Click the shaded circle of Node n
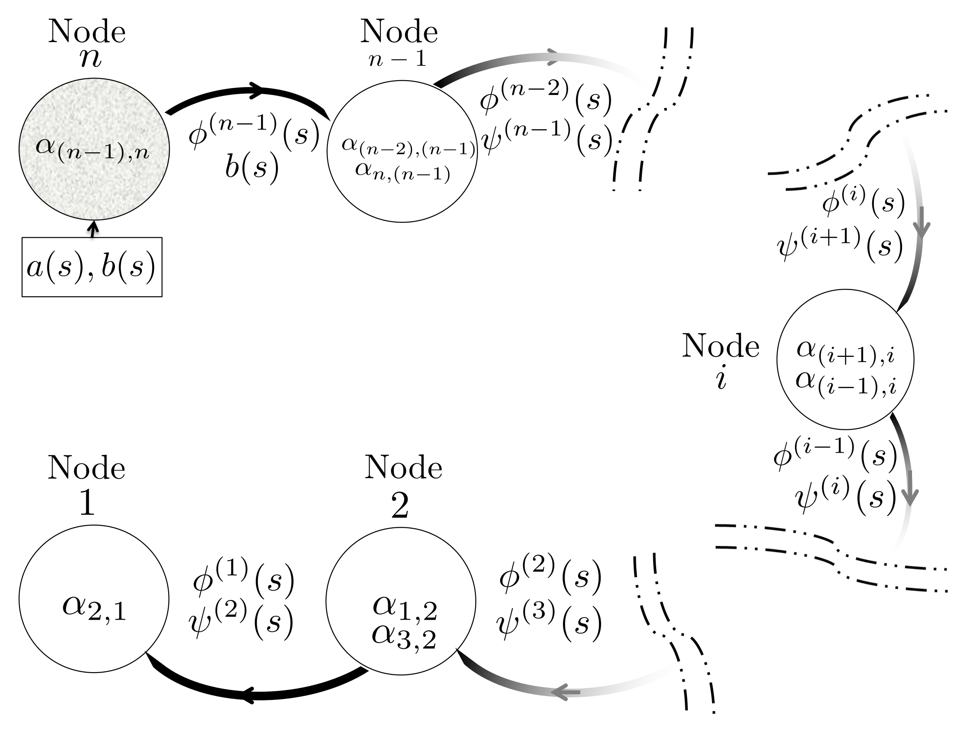(x=94, y=184)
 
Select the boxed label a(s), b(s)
(x=92, y=267)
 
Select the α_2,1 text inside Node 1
(x=94, y=608)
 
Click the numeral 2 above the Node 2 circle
(x=399, y=505)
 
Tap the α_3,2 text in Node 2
(x=403, y=637)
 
